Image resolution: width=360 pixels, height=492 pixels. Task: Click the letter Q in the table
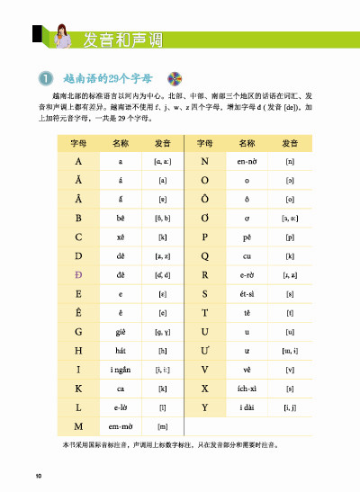pos(205,255)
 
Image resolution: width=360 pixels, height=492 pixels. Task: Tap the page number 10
pos(39,475)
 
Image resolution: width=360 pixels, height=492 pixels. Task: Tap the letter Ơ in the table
pos(205,217)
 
